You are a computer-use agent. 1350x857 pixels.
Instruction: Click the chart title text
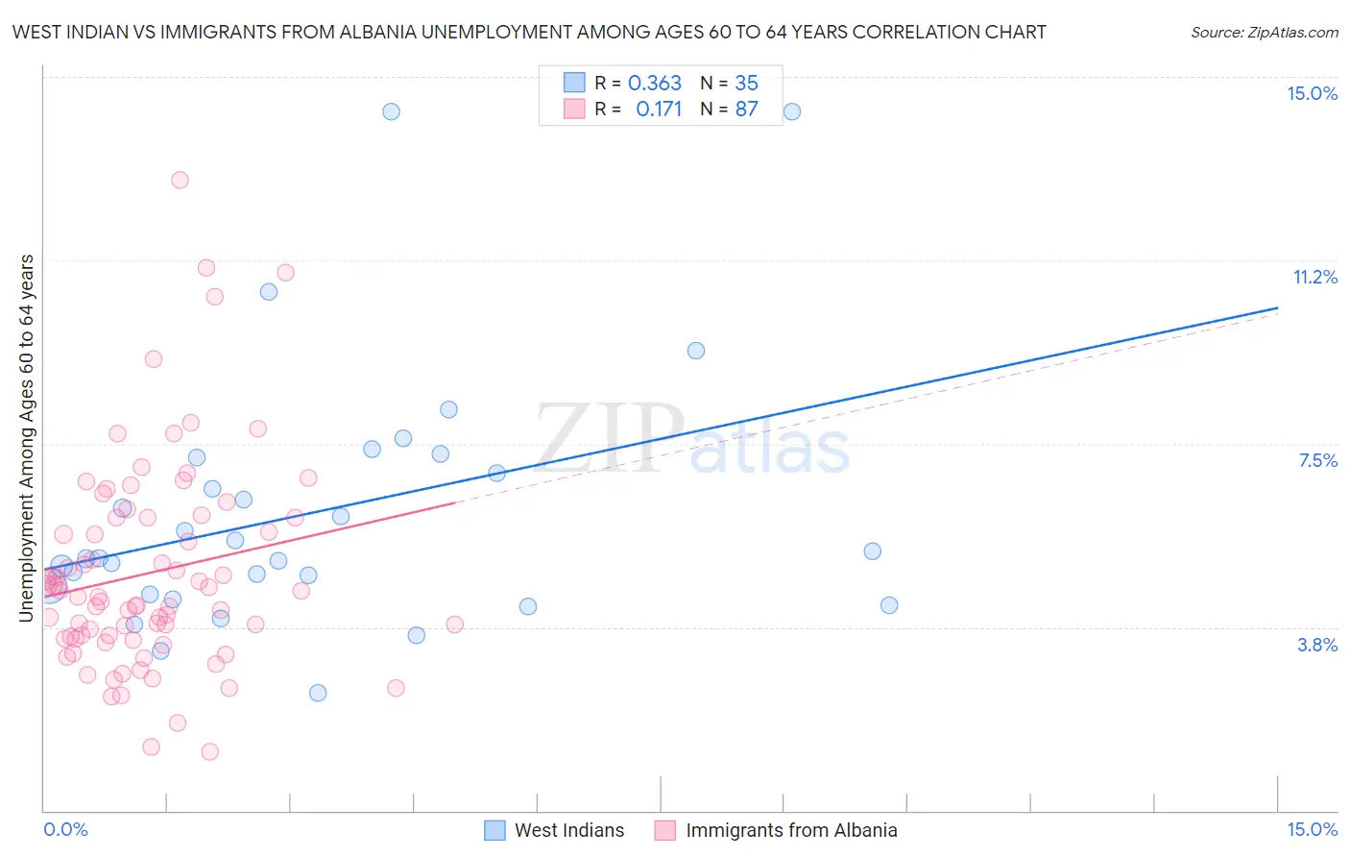pyautogui.click(x=529, y=32)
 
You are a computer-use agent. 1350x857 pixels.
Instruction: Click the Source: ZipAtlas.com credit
pyautogui.click(x=1264, y=32)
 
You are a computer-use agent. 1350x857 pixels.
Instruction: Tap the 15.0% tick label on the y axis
pyautogui.click(x=1312, y=93)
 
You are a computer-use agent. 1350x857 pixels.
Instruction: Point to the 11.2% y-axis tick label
pyautogui.click(x=1314, y=277)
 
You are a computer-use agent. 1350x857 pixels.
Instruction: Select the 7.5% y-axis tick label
pyautogui.click(x=1317, y=460)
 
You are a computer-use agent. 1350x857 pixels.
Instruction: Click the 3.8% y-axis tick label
pyautogui.click(x=1317, y=645)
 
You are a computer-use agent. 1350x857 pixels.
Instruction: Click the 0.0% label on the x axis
pyautogui.click(x=65, y=829)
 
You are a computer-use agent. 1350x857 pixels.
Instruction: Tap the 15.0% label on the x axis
pyautogui.click(x=1312, y=829)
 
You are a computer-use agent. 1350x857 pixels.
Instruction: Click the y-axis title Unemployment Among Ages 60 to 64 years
pyautogui.click(x=27, y=438)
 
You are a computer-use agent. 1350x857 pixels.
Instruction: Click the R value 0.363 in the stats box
pyautogui.click(x=654, y=84)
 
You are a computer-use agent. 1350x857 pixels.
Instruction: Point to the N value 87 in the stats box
pyautogui.click(x=746, y=110)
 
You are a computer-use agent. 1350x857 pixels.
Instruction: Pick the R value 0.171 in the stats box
pyautogui.click(x=659, y=110)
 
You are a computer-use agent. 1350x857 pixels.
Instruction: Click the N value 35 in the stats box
pyautogui.click(x=746, y=84)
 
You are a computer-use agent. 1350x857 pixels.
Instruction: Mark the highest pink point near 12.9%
pyautogui.click(x=180, y=180)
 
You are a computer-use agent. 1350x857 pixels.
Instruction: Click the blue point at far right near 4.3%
pyautogui.click(x=889, y=605)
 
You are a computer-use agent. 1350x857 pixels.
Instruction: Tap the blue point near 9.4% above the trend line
pyautogui.click(x=696, y=351)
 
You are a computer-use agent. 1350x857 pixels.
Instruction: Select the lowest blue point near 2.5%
pyautogui.click(x=318, y=693)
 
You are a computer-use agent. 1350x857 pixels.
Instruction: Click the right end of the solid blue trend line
pyautogui.click(x=1277, y=308)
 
